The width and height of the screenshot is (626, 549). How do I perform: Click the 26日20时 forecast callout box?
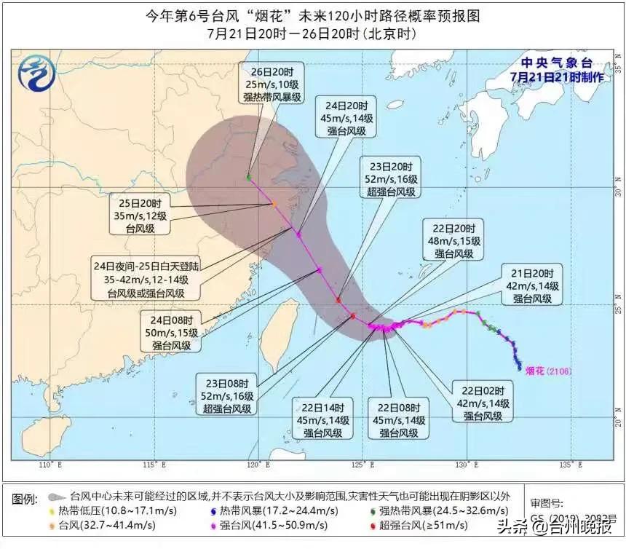[x=273, y=84]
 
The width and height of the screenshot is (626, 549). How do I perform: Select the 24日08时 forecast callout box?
[x=166, y=332]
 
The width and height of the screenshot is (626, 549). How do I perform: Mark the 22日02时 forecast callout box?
[x=483, y=400]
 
